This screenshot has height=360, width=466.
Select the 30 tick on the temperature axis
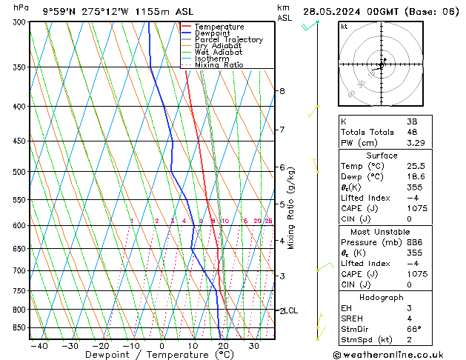click(254, 346)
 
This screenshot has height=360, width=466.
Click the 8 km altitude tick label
click(282, 91)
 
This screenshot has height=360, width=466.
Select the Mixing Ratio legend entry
click(219, 65)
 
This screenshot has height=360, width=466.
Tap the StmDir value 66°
click(415, 329)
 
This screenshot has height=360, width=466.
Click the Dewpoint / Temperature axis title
click(150, 355)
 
